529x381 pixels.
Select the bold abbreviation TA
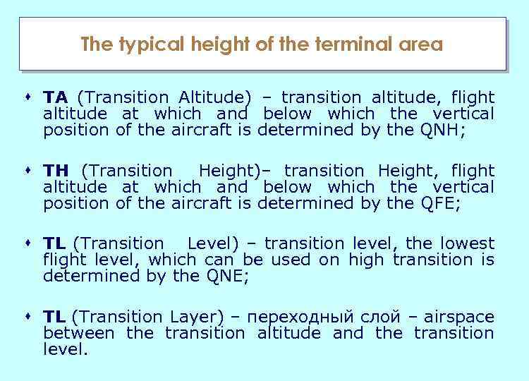point(56,97)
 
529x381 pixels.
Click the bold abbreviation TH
point(56,170)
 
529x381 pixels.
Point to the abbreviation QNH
point(442,130)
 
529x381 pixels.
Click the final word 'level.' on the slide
point(66,349)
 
